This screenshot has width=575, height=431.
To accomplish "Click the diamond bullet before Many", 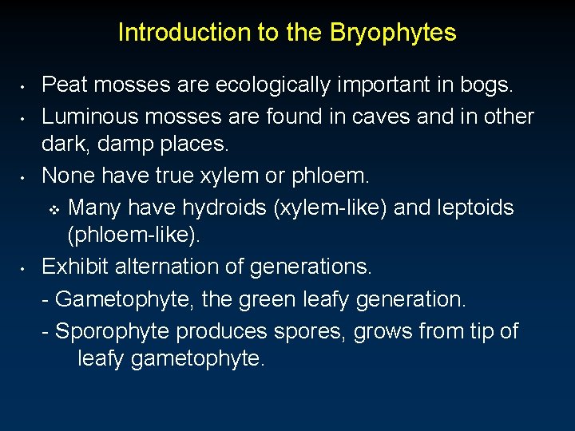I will coord(55,210).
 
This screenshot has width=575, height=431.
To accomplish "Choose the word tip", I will coord(480,330).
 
